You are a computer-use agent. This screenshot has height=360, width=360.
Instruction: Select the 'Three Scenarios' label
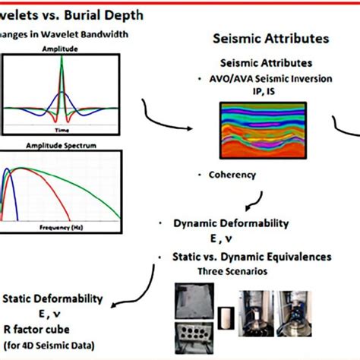point(235,270)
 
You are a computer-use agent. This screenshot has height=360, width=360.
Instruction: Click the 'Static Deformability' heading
point(49,299)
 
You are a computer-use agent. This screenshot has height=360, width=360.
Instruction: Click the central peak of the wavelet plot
point(71,61)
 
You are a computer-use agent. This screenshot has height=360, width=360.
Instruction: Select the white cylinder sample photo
point(225,314)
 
